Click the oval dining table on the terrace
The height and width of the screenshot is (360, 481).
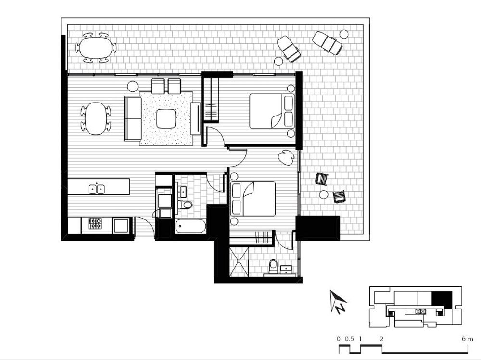pyautogui.click(x=96, y=48)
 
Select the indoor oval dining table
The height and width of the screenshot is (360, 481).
pyautogui.click(x=96, y=118)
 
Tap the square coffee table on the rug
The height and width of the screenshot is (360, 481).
pyautogui.click(x=166, y=118)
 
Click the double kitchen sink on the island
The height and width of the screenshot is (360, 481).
pyautogui.click(x=97, y=189)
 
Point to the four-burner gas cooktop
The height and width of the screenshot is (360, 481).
pyautogui.click(x=95, y=223)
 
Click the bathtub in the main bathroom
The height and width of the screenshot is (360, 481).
pyautogui.click(x=190, y=227)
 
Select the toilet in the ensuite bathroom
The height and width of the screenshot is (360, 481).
pyautogui.click(x=273, y=267)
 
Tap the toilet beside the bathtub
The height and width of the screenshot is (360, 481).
pyautogui.click(x=186, y=204)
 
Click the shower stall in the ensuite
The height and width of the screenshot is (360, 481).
pyautogui.click(x=239, y=261)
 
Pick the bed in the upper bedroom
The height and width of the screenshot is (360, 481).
pyautogui.click(x=272, y=111)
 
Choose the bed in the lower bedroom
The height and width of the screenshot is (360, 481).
pyautogui.click(x=253, y=199)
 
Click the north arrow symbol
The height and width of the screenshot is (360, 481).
pyautogui.click(x=338, y=301)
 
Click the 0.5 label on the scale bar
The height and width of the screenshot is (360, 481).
pyautogui.click(x=349, y=339)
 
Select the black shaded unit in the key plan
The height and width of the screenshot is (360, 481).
pyautogui.click(x=442, y=299)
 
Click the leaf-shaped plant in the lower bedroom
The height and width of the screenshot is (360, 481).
pyautogui.click(x=286, y=157)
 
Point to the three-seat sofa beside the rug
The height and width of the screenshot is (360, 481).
pyautogui.click(x=133, y=118)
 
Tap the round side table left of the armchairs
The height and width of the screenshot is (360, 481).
pyautogui.click(x=133, y=86)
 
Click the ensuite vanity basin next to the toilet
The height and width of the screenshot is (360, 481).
pyautogui.click(x=286, y=269)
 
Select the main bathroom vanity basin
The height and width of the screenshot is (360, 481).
pyautogui.click(x=182, y=192)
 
